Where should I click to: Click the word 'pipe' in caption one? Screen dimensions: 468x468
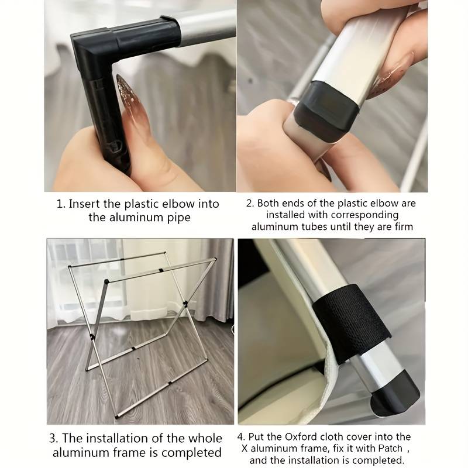[178, 218]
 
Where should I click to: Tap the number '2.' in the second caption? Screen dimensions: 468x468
[250, 203]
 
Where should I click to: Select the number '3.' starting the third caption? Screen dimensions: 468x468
[54, 438]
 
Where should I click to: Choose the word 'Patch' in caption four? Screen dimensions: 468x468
[390, 448]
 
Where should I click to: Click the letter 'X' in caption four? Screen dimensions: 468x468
[245, 449]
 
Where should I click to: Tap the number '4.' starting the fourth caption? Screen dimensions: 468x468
[241, 437]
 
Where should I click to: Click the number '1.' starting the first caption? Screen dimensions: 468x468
[61, 204]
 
